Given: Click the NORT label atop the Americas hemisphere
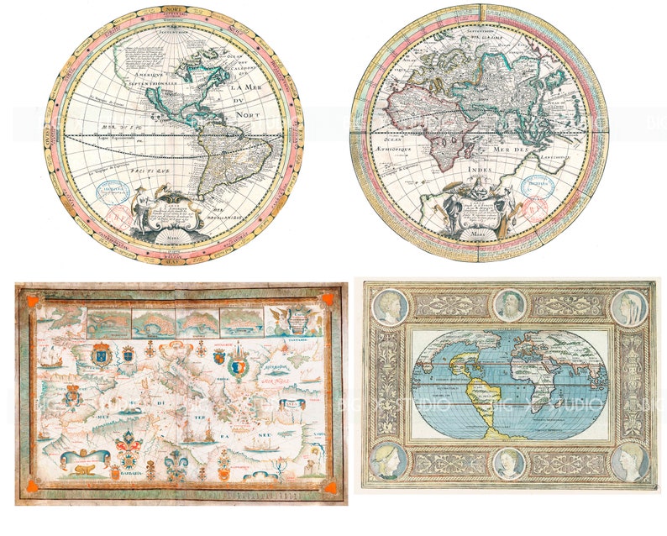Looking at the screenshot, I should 174,9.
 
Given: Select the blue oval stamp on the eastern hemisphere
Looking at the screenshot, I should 535,185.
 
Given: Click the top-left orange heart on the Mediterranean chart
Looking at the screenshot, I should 32,300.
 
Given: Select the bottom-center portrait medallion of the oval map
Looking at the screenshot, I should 509,463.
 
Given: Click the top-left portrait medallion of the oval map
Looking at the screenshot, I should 389,307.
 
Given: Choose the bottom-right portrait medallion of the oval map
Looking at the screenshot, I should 630,462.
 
